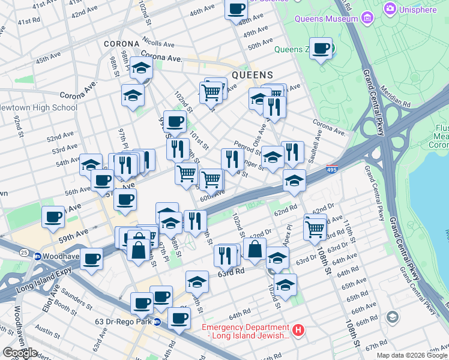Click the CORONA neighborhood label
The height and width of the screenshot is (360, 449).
point(122,44)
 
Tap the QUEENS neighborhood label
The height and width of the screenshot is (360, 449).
point(252,75)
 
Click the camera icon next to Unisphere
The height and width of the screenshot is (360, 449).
point(390,8)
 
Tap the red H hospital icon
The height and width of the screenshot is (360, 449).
point(298,330)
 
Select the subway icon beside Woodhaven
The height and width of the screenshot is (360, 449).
point(37,256)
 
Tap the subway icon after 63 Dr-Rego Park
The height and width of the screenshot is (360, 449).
point(157,321)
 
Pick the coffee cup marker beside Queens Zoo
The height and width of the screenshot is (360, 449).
point(321,48)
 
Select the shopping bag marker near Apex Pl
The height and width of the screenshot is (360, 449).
point(255,248)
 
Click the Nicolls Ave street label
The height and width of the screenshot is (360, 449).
point(158,44)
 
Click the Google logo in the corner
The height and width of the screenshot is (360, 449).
point(20,353)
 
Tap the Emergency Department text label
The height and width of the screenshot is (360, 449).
point(245,327)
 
